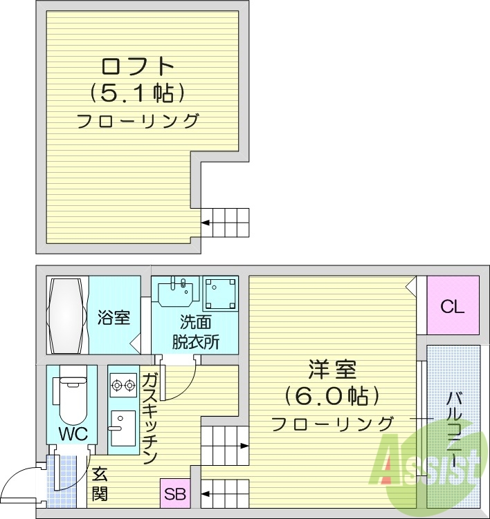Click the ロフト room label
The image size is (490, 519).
(x=137, y=66)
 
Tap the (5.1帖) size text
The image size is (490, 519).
(x=137, y=93)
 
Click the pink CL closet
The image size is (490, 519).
(x=453, y=307)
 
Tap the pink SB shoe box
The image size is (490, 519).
(x=175, y=494)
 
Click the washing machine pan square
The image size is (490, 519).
(x=221, y=294)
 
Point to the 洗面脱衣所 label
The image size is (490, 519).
(x=195, y=332)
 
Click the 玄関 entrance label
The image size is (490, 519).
(x=100, y=484)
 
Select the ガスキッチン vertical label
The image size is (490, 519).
(x=150, y=418)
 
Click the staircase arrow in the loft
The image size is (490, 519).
(x=206, y=223)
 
